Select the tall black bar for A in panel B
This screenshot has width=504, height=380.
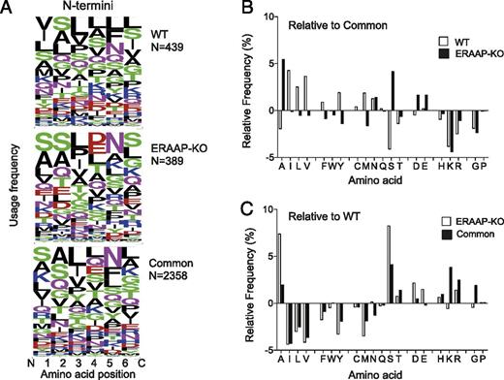[x=283, y=87]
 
